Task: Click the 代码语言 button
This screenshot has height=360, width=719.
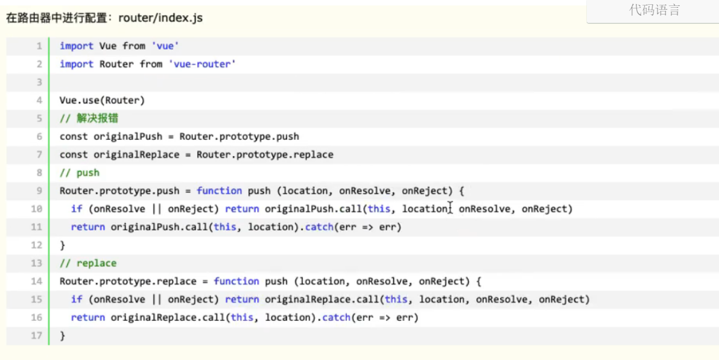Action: [654, 10]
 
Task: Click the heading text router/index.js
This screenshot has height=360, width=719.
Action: [160, 18]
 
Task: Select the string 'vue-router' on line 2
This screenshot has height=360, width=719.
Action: [202, 64]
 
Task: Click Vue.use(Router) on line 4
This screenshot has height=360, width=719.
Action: [102, 100]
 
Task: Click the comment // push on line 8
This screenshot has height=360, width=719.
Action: [80, 172]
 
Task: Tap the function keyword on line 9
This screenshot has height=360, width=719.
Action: [219, 191]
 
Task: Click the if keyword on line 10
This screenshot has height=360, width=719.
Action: [77, 209]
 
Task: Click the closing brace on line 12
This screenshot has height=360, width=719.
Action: [62, 245]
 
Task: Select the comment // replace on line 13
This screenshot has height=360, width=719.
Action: [88, 263]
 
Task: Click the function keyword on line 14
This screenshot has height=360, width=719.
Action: [236, 281]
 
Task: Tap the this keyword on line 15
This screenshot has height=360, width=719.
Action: [396, 299]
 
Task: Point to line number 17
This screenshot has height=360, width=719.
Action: [37, 335]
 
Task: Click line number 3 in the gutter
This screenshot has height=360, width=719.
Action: [39, 82]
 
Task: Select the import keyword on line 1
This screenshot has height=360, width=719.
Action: [77, 46]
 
